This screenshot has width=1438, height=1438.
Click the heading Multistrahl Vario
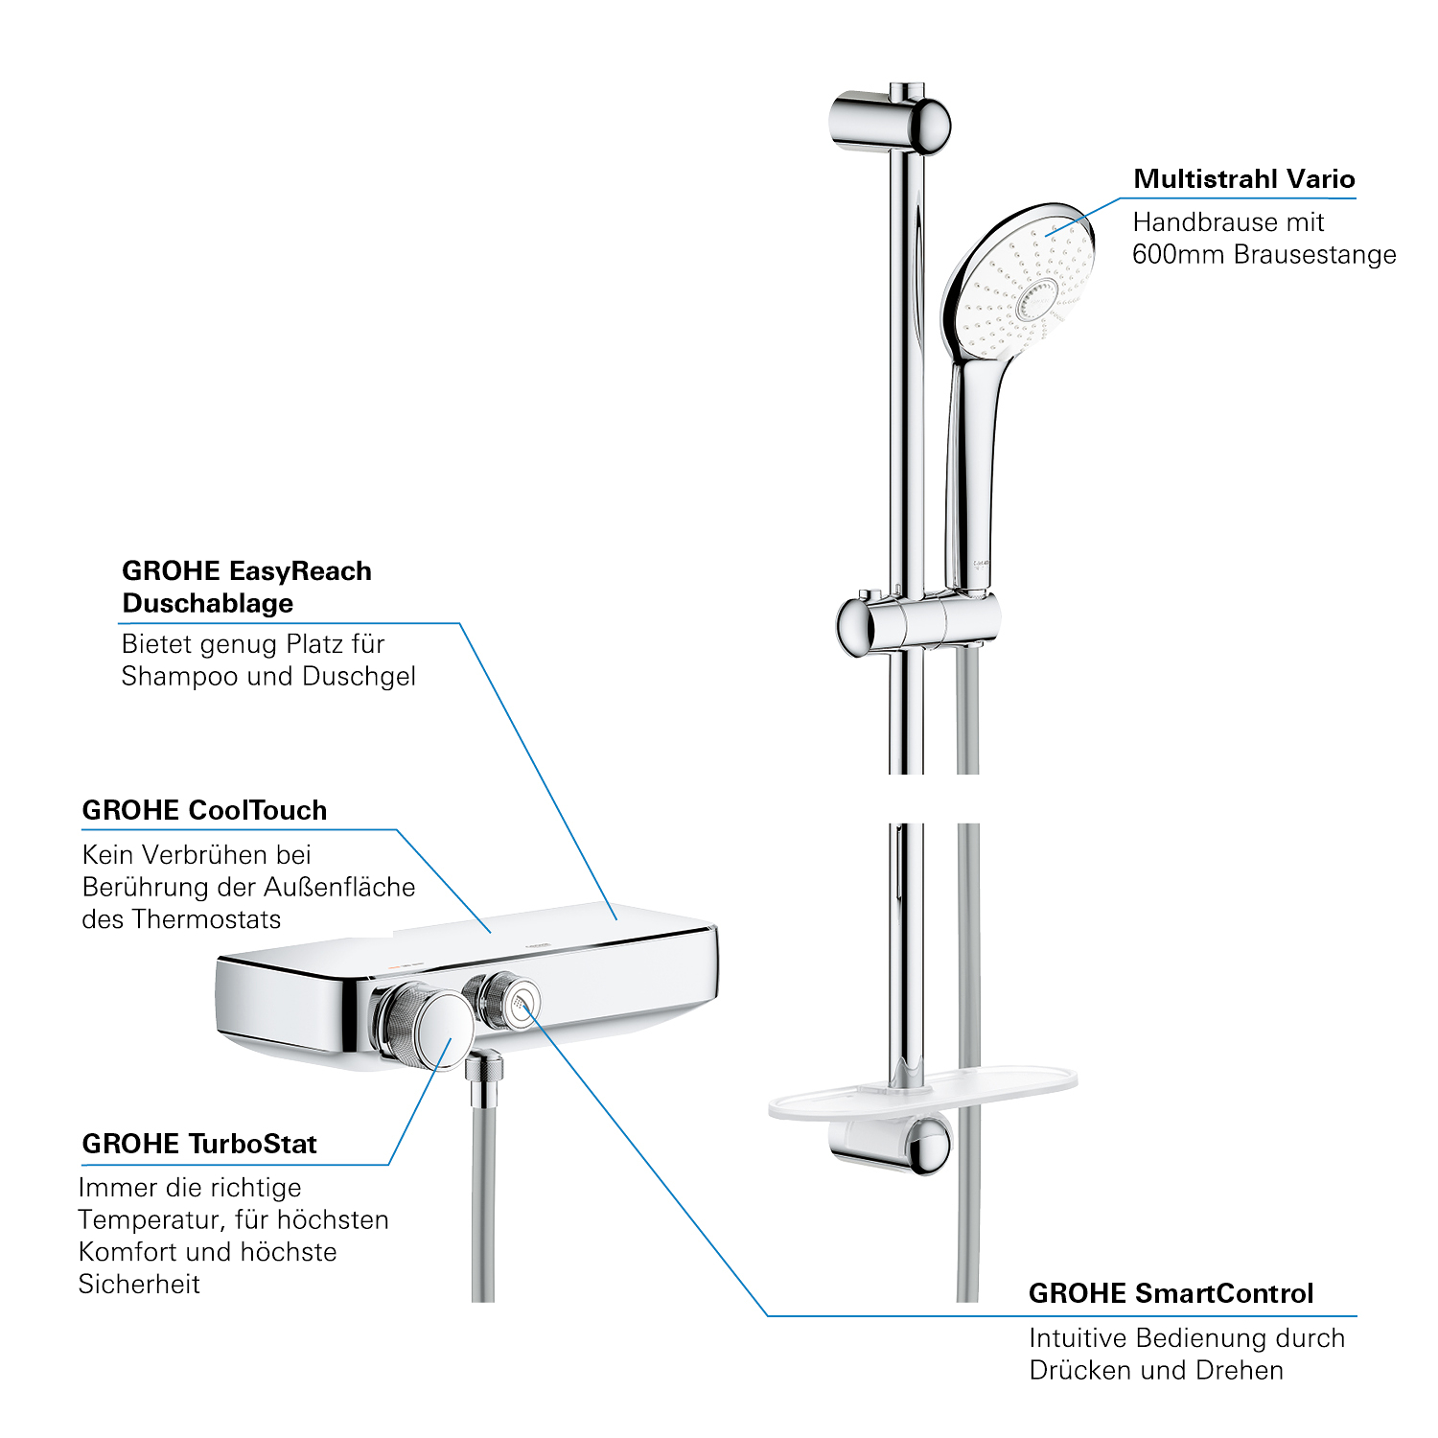coord(1243,179)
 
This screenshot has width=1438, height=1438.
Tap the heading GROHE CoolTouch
coord(204,810)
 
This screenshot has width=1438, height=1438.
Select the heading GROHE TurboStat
coord(199,1144)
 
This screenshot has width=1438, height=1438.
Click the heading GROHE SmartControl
coord(1171,1293)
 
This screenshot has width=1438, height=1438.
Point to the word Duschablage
coord(208,603)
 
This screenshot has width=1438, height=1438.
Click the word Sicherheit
coord(139,1284)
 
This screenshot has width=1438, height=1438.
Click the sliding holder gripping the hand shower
coord(917,624)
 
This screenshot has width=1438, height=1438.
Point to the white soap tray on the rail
coord(922,1094)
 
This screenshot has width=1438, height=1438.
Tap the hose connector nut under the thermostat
coord(485,1066)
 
